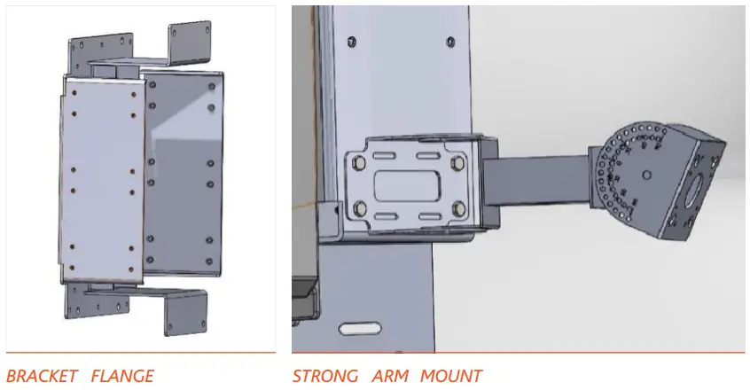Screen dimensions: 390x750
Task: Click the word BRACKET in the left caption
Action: click(x=41, y=376)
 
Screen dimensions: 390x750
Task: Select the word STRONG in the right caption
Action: click(x=326, y=376)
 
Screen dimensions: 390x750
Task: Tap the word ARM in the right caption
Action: click(x=390, y=376)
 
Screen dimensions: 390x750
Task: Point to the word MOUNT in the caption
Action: click(x=452, y=376)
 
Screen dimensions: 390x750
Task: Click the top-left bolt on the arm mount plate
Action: click(x=360, y=163)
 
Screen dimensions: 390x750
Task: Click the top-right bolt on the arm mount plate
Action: click(x=457, y=163)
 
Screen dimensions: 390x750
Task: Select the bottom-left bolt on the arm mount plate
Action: click(x=362, y=209)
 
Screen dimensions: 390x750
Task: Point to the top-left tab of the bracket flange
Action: click(x=98, y=48)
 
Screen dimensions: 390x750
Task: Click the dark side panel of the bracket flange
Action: click(x=182, y=177)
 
